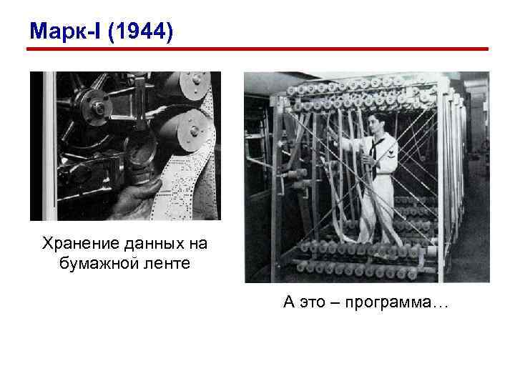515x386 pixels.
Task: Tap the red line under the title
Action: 257,49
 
